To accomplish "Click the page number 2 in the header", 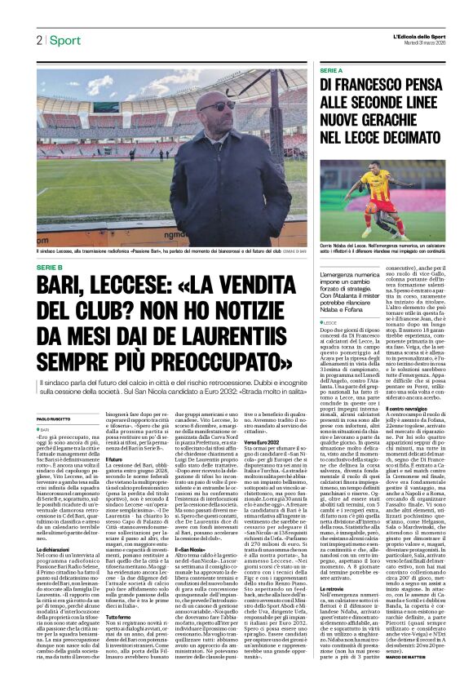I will pos(38,40).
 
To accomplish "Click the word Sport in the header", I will pos(64,40).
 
